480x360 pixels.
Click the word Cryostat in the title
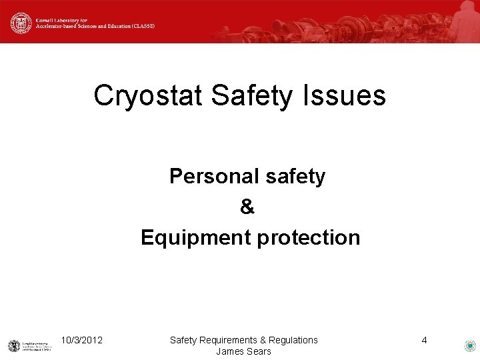click(x=147, y=95)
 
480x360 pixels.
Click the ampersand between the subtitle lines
click(x=247, y=207)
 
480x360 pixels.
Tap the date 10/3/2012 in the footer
click(x=81, y=341)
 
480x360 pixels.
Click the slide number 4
click(x=424, y=341)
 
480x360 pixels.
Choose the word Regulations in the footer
click(x=293, y=341)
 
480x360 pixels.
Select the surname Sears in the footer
click(x=259, y=351)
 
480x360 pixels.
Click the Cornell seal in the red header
click(x=21, y=23)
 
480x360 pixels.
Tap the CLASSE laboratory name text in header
click(x=93, y=23)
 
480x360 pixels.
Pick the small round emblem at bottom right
click(x=469, y=346)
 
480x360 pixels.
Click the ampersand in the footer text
click(x=263, y=341)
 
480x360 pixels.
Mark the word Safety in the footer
click(x=183, y=341)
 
